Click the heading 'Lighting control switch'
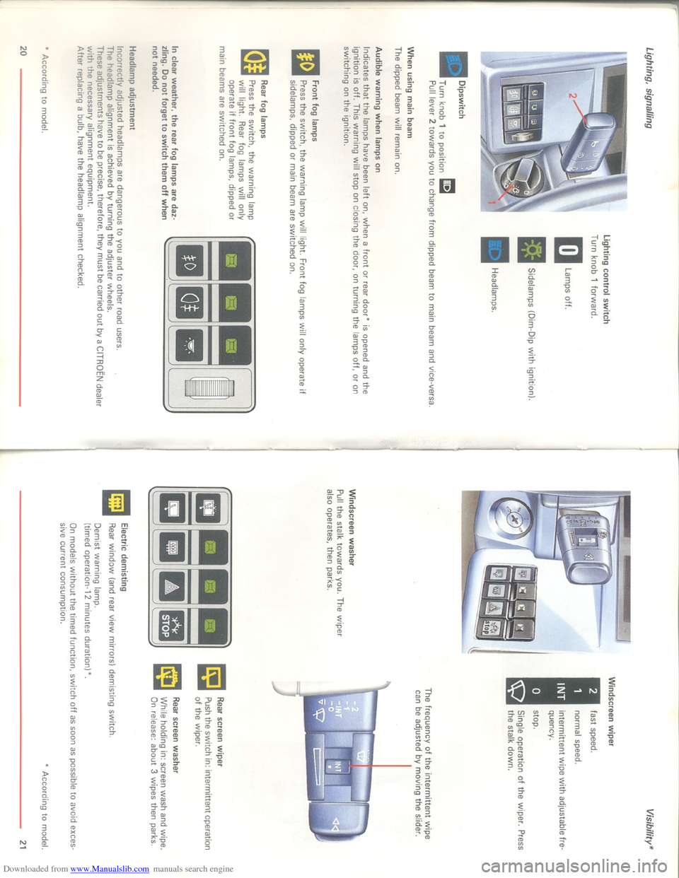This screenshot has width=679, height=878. (605, 279)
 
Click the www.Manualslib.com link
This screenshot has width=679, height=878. (110, 870)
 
